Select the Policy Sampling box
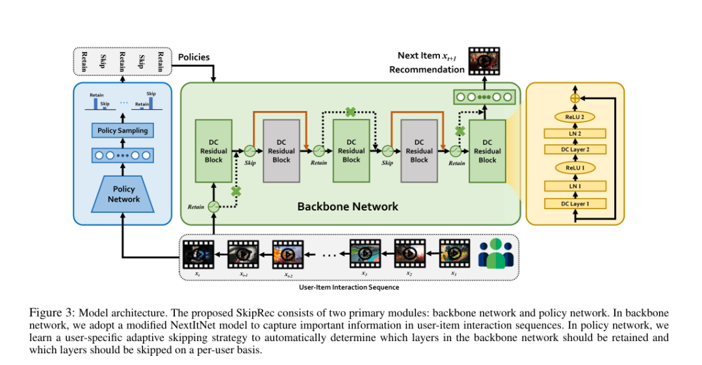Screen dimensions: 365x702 pos(122,131)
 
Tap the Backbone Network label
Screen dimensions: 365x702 pos(348,207)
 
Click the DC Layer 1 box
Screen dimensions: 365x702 pos(575,204)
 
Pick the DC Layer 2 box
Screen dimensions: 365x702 pos(575,150)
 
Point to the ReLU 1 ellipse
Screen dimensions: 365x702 pos(575,168)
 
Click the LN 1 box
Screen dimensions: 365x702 pos(575,187)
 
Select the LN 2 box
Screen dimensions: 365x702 pos(575,133)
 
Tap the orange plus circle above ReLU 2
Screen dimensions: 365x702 pos(575,97)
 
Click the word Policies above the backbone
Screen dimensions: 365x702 pos(194,57)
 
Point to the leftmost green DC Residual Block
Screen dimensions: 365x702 pos(213,151)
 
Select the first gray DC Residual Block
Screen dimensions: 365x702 pos(281,151)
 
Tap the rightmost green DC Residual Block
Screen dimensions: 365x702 pos(487,151)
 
